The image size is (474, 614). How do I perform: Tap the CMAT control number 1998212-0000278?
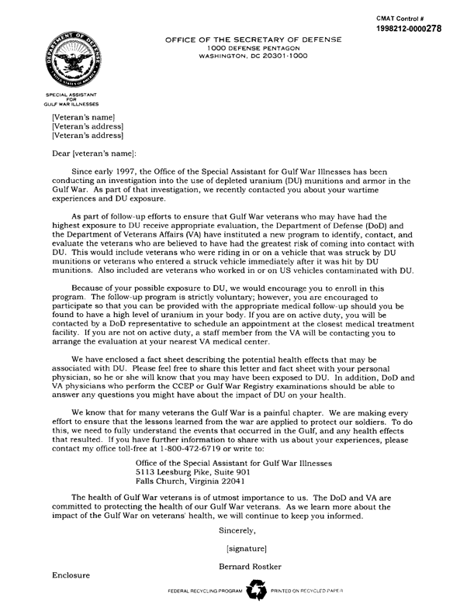pos(420,28)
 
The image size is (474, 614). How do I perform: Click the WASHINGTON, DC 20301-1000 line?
pos(254,57)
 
